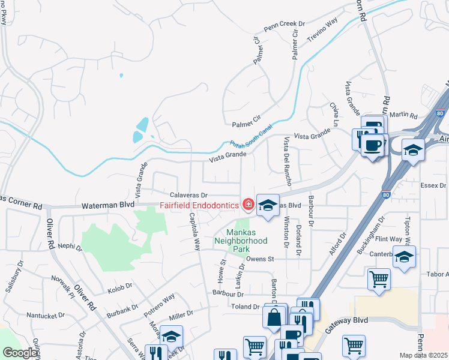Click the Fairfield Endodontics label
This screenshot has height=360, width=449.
pos(198,205)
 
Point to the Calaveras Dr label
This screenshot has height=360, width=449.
pos(188,195)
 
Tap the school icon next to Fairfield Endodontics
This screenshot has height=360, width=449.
pos(268,205)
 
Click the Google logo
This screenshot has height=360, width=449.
pos(20,353)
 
